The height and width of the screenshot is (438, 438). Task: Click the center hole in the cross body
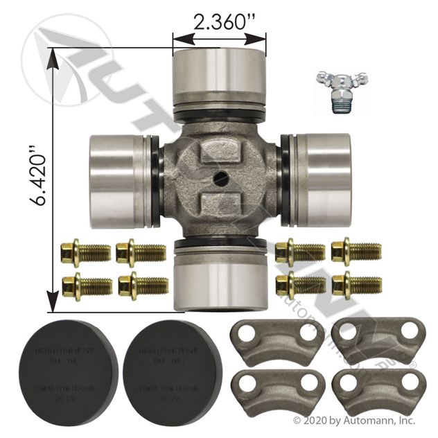[220, 177]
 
